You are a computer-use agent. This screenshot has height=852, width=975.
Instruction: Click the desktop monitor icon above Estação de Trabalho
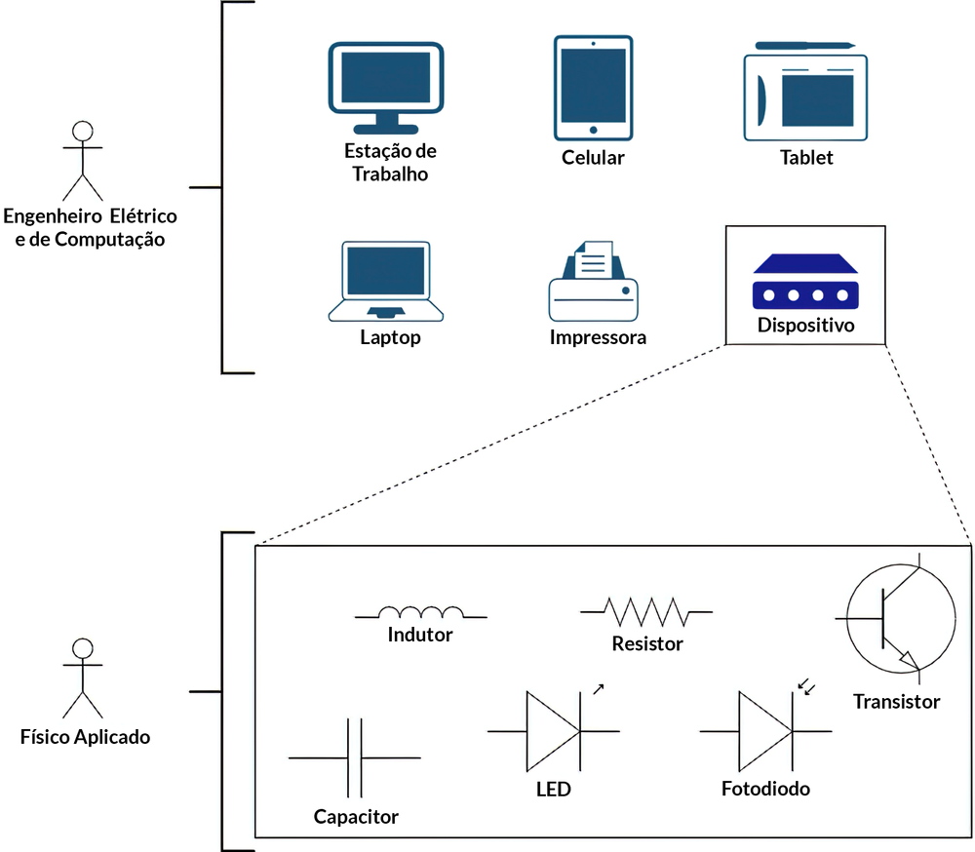pos(387,83)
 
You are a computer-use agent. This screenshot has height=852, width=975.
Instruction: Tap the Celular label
pos(593,157)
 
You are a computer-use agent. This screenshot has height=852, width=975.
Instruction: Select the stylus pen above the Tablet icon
pos(805,45)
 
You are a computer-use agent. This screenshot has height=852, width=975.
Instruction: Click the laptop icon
pos(386,279)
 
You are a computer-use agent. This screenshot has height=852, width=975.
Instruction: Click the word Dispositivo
pos(805,325)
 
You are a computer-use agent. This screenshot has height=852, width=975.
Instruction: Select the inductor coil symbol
pos(420,612)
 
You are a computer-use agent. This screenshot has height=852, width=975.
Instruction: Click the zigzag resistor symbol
pos(645,611)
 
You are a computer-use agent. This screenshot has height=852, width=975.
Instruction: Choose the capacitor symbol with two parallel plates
pos(355,757)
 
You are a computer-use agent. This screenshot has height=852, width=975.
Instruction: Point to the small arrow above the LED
pos(598,688)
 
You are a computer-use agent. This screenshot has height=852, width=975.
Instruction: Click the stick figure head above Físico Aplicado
pos(83,648)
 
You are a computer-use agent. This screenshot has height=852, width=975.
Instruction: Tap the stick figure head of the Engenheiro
pos(83,132)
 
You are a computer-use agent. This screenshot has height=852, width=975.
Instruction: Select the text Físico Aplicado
pos(85,736)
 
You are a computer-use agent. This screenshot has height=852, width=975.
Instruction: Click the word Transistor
pos(896,701)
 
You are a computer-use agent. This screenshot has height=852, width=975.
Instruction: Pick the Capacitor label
pos(356,816)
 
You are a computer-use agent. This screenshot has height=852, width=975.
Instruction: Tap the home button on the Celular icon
pos(593,128)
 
